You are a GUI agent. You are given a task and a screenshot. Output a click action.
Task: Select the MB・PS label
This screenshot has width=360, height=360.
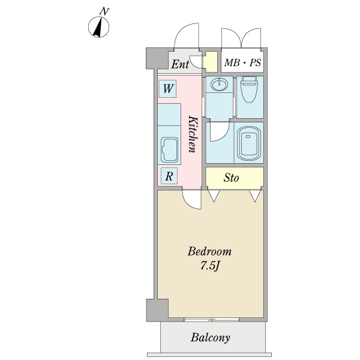(x=242, y=62)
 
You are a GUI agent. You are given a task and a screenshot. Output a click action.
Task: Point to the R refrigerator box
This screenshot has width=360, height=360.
(x=169, y=176)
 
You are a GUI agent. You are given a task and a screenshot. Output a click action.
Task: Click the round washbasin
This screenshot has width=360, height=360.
(x=220, y=85)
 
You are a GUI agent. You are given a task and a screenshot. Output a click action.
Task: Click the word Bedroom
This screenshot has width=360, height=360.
(x=208, y=251)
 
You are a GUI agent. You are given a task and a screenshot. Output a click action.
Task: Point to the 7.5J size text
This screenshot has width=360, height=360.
(x=208, y=265)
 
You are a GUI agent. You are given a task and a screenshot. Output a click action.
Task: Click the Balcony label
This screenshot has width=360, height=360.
(x=211, y=338)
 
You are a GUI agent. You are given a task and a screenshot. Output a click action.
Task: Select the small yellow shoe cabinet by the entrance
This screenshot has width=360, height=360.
(x=210, y=62)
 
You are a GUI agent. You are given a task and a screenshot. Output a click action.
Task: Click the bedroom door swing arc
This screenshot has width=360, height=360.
(x=192, y=200)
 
